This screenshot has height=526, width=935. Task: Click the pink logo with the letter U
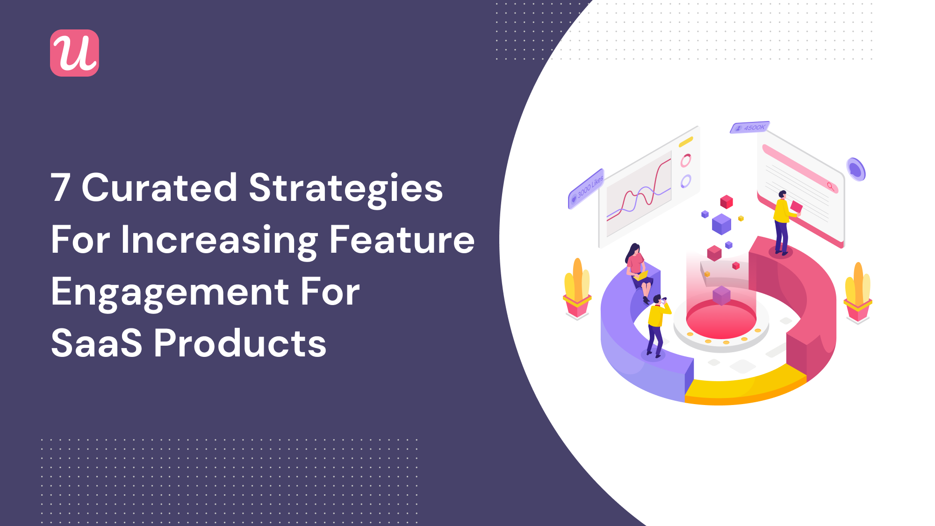click(74, 53)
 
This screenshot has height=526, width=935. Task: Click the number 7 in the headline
click(61, 188)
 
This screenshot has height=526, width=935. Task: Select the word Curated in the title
click(159, 188)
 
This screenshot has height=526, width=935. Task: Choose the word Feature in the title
click(402, 239)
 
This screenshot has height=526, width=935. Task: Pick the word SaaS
click(96, 343)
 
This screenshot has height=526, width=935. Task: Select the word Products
click(240, 343)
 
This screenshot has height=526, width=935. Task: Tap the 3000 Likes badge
click(586, 188)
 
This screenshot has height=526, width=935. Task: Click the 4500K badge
click(750, 128)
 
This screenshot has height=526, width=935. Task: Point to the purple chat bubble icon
click(856, 169)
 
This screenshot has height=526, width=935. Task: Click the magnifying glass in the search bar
click(830, 186)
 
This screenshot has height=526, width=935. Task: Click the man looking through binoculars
click(657, 326)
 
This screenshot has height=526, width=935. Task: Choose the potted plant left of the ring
click(577, 289)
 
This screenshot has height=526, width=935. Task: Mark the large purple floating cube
click(721, 224)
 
